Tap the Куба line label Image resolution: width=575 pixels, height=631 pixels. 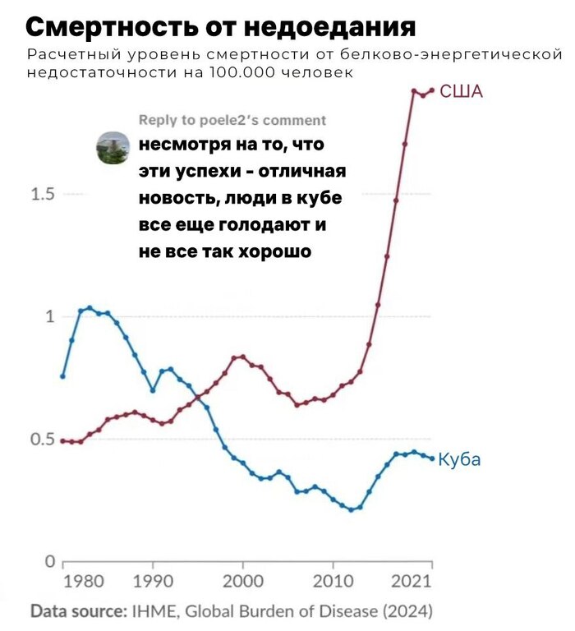[x=460, y=459]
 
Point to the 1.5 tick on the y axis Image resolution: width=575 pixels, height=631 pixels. [x=42, y=195]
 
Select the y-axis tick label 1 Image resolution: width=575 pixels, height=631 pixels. [x=49, y=316]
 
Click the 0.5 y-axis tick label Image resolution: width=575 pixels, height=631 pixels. [x=42, y=439]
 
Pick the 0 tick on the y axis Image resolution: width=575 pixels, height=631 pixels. [x=49, y=562]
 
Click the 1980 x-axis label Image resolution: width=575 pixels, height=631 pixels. [x=83, y=582]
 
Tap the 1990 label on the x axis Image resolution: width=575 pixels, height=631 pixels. [x=152, y=582]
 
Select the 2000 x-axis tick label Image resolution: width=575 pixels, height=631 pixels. [x=243, y=582]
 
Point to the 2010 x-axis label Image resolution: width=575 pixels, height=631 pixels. [x=333, y=582]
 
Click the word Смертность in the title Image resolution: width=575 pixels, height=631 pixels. [x=103, y=27]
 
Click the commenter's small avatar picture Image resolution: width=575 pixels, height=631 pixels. [x=113, y=149]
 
